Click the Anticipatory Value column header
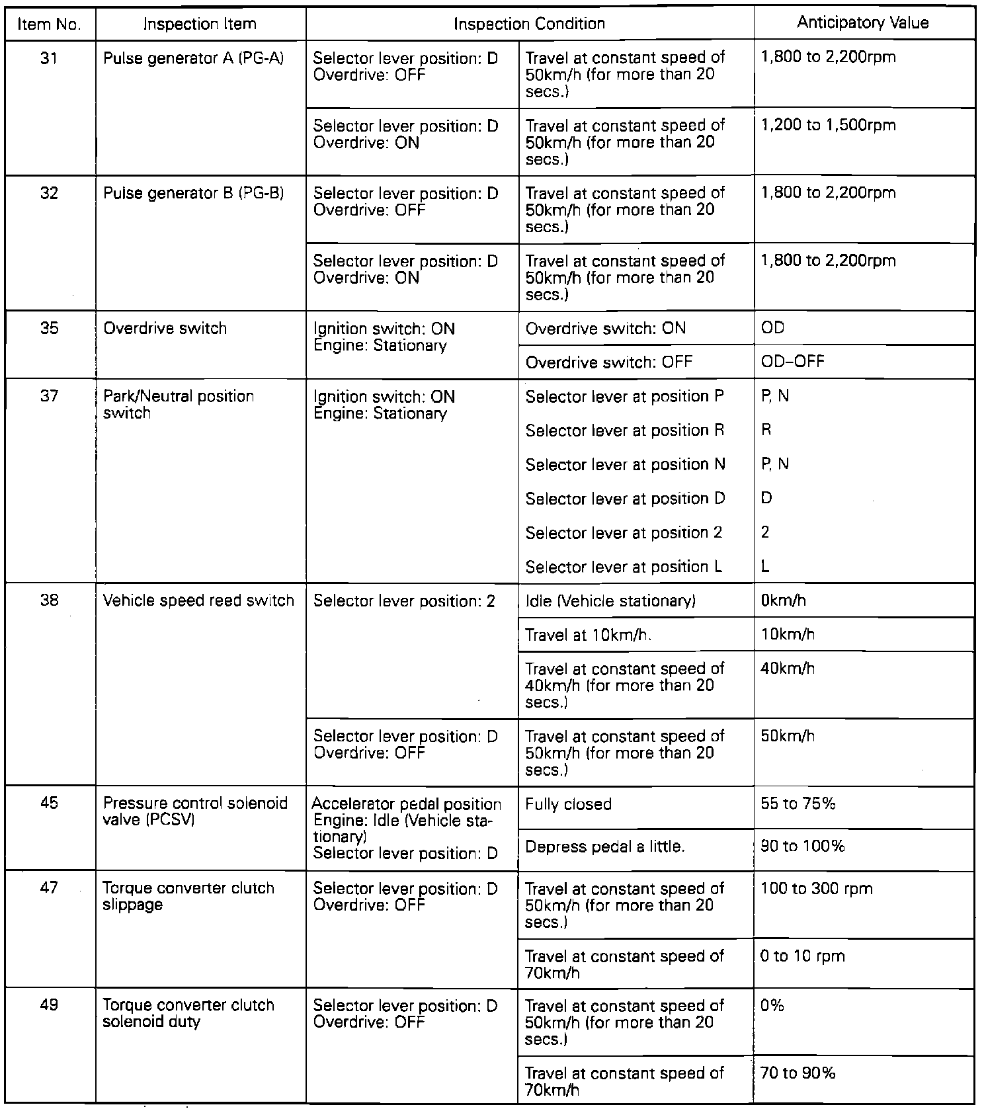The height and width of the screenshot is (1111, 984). coord(862,23)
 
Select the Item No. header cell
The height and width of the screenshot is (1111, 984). coord(49,25)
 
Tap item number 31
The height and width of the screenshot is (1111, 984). coord(49,58)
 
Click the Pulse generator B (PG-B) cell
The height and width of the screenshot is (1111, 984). coord(193,194)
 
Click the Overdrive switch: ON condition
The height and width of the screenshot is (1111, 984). coord(605,329)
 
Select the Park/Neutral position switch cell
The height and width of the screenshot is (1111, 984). coord(179,405)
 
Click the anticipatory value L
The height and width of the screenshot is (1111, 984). coord(765,567)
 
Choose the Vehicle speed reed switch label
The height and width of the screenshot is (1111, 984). coord(198,601)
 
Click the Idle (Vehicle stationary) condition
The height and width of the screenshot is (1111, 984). coord(610,601)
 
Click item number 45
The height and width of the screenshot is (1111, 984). coord(49,803)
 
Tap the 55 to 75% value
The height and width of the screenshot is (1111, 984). coord(798,805)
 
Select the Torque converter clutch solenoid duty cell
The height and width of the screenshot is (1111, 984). coord(188,1014)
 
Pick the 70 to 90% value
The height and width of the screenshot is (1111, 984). coord(798,1074)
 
